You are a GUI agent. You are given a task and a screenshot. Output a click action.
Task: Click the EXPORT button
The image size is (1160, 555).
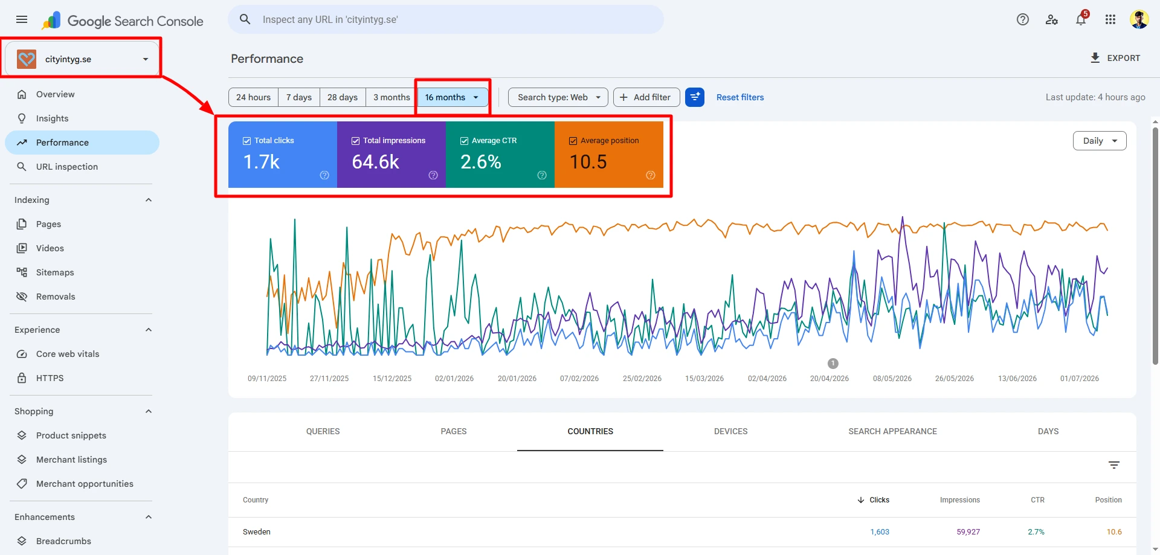tap(1115, 58)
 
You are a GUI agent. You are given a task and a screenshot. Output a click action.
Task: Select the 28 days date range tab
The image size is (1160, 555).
tap(343, 97)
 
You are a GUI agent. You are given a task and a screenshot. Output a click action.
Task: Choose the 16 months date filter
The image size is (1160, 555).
tap(453, 97)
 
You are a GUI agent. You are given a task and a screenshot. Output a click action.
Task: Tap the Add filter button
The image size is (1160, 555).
tap(646, 97)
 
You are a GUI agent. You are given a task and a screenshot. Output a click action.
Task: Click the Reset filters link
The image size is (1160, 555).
tap(740, 97)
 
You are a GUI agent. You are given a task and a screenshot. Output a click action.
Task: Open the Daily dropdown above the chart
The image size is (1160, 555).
tap(1100, 141)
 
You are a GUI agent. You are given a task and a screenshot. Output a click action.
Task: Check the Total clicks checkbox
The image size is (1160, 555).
tap(246, 141)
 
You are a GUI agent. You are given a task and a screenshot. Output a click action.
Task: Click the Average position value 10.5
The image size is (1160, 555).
tap(588, 162)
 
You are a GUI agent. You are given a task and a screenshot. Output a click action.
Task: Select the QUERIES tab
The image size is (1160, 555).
tap(323, 431)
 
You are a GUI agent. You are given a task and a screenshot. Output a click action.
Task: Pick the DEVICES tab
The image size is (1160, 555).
tap(730, 431)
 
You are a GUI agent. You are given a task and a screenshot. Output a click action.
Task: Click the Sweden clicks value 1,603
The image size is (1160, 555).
tap(880, 532)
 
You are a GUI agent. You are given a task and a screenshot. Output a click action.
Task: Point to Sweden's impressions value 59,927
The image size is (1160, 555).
tap(968, 532)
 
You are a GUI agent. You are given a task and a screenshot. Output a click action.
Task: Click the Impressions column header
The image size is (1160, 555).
tap(960, 500)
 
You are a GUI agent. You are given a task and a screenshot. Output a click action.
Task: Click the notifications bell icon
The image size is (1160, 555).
tap(1081, 20)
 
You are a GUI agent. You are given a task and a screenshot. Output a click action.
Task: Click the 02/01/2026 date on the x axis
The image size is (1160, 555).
tap(454, 379)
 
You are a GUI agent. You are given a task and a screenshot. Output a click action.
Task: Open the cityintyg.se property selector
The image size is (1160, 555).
tap(82, 59)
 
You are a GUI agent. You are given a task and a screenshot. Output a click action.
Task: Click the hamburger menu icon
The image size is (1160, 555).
tap(22, 19)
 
